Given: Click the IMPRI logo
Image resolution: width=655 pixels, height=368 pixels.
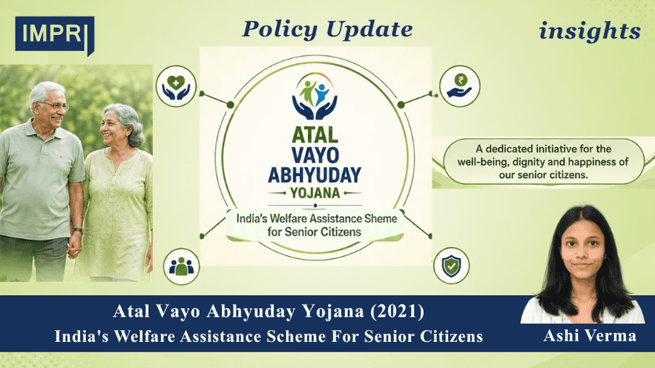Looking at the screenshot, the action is click(x=54, y=36).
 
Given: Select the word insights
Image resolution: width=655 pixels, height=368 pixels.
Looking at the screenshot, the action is click(x=590, y=31).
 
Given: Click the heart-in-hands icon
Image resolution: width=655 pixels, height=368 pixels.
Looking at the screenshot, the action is click(x=176, y=87).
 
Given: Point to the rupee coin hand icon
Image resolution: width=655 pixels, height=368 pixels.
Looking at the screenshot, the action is click(x=459, y=86).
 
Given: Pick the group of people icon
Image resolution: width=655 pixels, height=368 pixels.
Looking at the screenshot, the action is click(x=181, y=266).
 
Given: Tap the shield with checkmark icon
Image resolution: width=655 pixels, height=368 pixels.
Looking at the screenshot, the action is click(x=452, y=266).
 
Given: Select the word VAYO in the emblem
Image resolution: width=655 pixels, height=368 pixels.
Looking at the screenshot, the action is click(x=315, y=155).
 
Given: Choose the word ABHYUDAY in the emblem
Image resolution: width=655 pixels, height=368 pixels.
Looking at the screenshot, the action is click(x=315, y=174).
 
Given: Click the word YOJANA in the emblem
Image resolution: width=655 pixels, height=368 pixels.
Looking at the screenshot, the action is click(x=315, y=193).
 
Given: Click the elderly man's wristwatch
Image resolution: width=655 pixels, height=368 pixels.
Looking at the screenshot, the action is click(x=78, y=231).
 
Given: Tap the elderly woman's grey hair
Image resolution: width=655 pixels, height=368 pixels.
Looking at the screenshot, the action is click(x=126, y=121).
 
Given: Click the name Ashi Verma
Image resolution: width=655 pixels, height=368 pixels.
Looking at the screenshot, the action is click(x=590, y=335).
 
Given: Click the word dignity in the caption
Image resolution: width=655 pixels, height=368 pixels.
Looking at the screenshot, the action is click(x=531, y=162).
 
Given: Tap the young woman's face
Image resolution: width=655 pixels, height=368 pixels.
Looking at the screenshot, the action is click(x=582, y=249).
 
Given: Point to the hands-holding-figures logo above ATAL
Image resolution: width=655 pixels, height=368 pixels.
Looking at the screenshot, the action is click(x=315, y=96).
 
